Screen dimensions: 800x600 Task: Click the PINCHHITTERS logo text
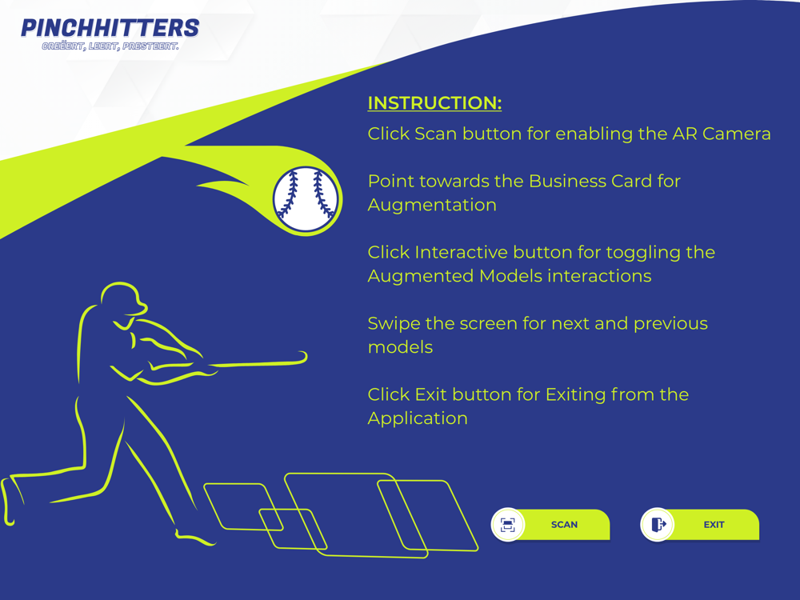pyautogui.click(x=110, y=28)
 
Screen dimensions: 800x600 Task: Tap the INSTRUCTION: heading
pyautogui.click(x=434, y=103)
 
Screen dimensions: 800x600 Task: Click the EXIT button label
pyautogui.click(x=714, y=525)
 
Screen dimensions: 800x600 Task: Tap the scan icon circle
pyautogui.click(x=508, y=525)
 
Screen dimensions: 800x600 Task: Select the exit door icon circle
pyautogui.click(x=657, y=525)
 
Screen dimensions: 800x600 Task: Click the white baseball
pyautogui.click(x=306, y=199)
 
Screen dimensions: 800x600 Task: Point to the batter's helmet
pyautogui.click(x=123, y=298)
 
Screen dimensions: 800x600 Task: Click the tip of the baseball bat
pyautogui.click(x=304, y=356)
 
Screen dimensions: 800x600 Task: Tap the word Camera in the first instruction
pyautogui.click(x=736, y=134)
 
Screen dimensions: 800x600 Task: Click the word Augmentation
pyautogui.click(x=432, y=205)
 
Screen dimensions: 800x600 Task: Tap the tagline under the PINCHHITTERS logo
pyautogui.click(x=110, y=46)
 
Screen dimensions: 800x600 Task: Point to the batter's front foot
pyautogui.click(x=194, y=538)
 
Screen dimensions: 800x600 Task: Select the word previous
pyautogui.click(x=670, y=324)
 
